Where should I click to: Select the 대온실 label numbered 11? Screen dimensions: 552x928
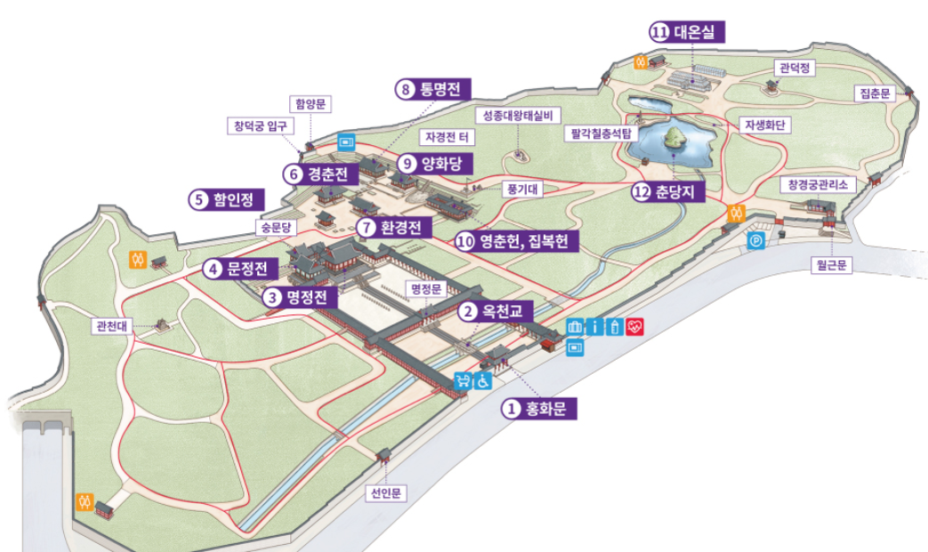point(688,33)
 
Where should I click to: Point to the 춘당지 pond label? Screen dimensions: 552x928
point(666,192)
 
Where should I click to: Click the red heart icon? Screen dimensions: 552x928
point(634,327)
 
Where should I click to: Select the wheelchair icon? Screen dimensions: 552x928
point(482,382)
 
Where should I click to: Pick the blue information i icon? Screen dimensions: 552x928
point(594,327)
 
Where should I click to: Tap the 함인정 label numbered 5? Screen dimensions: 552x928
point(223,199)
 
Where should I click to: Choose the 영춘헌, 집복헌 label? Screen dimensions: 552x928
point(516,240)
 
